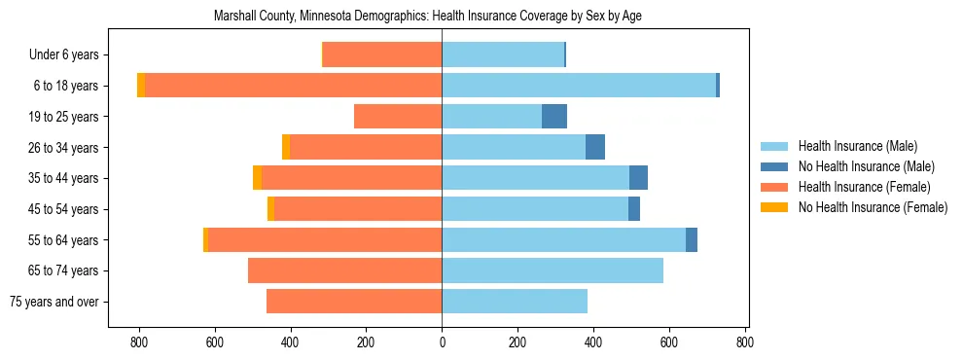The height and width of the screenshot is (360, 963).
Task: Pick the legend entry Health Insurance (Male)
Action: (857, 146)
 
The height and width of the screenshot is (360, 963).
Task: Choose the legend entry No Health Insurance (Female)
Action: (873, 207)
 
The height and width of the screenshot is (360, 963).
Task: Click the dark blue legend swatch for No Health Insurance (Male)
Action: (774, 166)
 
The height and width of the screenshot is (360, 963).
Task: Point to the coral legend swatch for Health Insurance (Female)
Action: (774, 187)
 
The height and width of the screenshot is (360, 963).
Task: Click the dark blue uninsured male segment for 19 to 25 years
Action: (554, 117)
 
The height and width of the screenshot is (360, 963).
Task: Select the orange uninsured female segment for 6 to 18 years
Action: (141, 86)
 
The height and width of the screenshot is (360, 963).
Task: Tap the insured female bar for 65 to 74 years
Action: (345, 270)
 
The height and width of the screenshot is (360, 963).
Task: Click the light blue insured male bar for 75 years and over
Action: (515, 302)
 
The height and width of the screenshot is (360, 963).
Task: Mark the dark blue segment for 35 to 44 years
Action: (638, 178)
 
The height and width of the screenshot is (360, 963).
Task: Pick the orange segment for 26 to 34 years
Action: (286, 147)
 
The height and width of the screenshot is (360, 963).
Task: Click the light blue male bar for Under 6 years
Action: (503, 55)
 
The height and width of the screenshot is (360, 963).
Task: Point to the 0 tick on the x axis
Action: (443, 342)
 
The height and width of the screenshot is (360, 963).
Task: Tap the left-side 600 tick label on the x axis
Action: (215, 342)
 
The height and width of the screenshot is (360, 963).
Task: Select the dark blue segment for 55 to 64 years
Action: (692, 239)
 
